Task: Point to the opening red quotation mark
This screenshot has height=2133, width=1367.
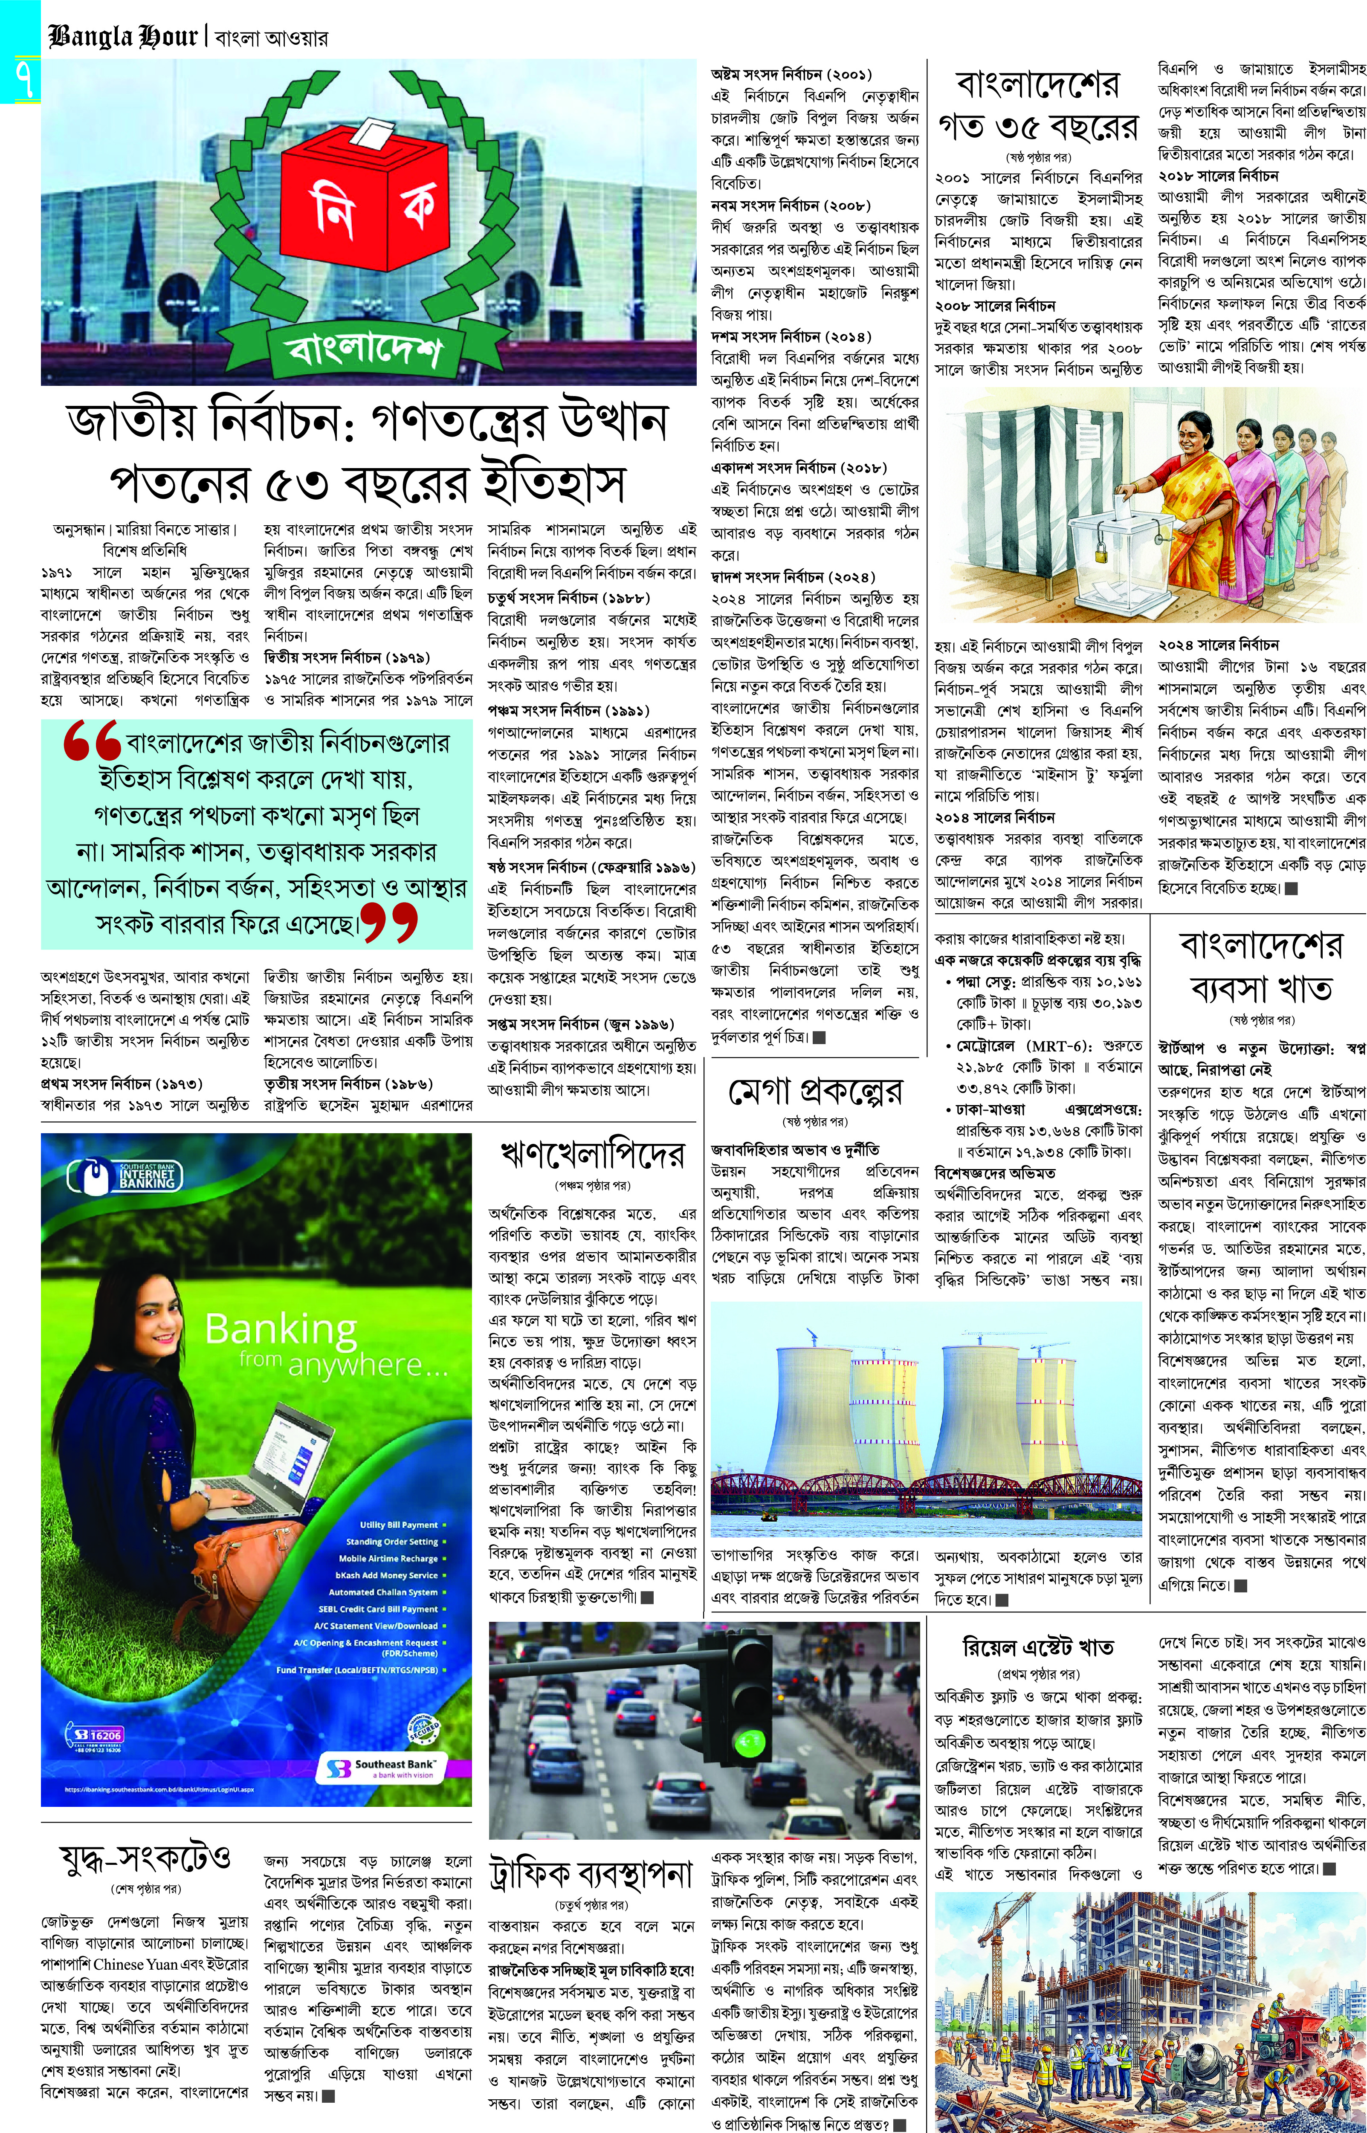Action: pos(91,741)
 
